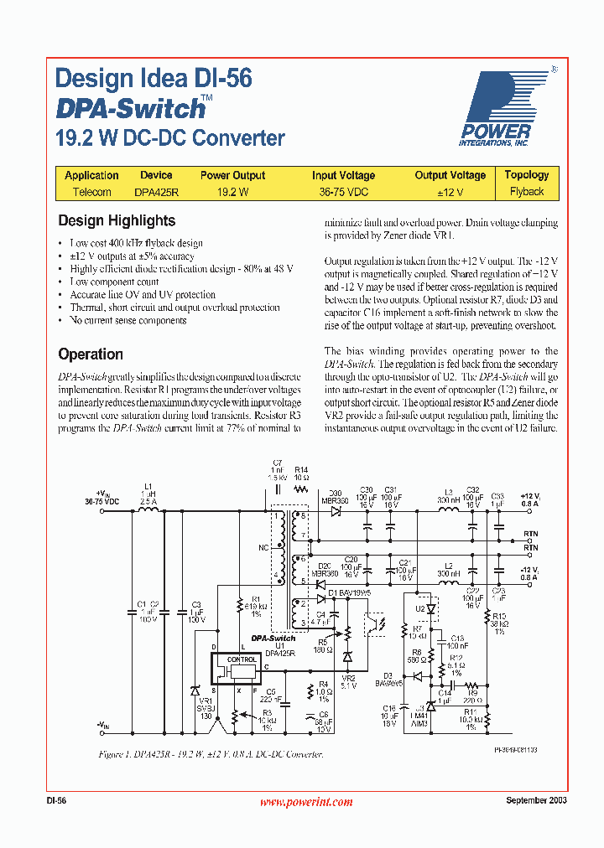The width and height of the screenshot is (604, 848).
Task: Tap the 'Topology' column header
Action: coord(526,175)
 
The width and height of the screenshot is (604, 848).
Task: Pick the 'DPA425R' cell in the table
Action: coord(156,192)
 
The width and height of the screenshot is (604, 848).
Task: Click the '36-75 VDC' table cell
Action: coord(343,192)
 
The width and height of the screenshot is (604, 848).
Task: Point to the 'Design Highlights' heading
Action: coord(117,221)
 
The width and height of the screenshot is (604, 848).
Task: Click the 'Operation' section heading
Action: coord(91,354)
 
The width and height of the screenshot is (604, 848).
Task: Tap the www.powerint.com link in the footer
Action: coord(306,802)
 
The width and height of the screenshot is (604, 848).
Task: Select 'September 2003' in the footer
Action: coord(536,801)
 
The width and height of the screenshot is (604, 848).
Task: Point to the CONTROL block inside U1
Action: coord(243,659)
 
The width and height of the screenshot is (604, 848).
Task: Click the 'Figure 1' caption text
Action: coord(211,755)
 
